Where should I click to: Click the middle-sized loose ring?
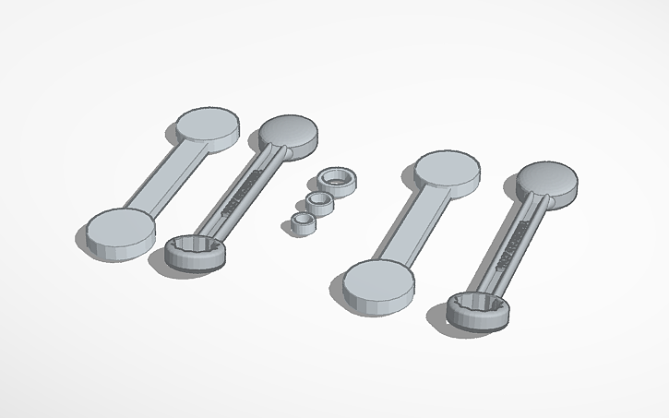click(320, 202)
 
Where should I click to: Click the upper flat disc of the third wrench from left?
click(447, 171)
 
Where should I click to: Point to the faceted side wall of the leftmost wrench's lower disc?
click(115, 246)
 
